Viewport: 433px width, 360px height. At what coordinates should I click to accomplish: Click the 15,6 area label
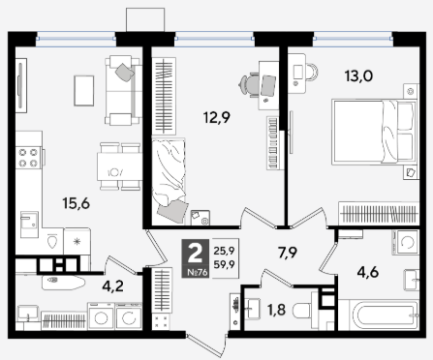(x=77, y=204)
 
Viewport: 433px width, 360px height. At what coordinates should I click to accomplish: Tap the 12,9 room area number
(x=217, y=117)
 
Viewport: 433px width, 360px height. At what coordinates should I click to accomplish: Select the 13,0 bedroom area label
(x=358, y=76)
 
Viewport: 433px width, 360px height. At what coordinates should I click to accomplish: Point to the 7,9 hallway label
(x=288, y=253)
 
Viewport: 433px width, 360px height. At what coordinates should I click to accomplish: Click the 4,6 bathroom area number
(x=368, y=273)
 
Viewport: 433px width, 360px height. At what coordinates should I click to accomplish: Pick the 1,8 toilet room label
(x=276, y=310)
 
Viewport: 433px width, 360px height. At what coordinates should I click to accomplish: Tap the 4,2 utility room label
(x=112, y=285)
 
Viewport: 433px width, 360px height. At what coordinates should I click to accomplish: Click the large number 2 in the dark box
(x=195, y=254)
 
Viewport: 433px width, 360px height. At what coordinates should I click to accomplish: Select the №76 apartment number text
(x=198, y=273)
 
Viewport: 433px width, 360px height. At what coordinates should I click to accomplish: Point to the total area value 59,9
(x=224, y=264)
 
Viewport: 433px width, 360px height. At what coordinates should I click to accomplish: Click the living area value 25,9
(x=224, y=250)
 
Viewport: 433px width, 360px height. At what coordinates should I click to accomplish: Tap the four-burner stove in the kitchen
(x=28, y=158)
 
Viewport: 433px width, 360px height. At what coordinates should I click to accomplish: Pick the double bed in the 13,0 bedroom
(x=374, y=133)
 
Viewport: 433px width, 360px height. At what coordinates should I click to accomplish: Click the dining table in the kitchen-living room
(x=120, y=166)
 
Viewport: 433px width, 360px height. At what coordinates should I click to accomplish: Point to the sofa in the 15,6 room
(x=123, y=91)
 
